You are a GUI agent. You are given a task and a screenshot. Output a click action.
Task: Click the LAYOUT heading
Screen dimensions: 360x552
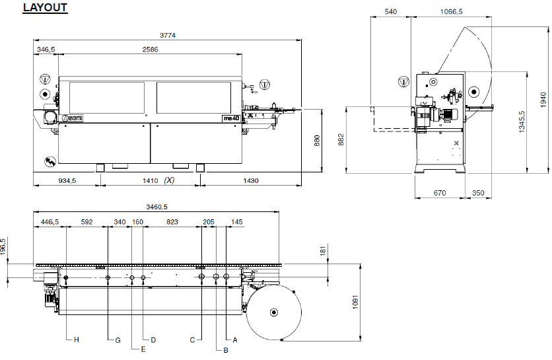45,9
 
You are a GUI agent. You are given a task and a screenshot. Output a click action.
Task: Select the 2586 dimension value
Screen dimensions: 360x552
150,50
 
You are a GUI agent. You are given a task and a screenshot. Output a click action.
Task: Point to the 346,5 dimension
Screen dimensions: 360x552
46,50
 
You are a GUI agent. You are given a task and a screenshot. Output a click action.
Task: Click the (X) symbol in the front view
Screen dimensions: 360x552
170,180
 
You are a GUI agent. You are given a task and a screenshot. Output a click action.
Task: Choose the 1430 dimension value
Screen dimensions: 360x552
250,180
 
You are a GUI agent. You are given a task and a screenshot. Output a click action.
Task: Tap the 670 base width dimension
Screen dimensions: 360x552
440,193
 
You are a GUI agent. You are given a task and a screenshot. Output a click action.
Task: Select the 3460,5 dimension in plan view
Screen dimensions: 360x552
156,207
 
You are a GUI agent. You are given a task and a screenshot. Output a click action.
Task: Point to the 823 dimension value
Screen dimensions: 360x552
172,222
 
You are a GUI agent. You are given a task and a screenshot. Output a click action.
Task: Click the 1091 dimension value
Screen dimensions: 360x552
355,303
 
